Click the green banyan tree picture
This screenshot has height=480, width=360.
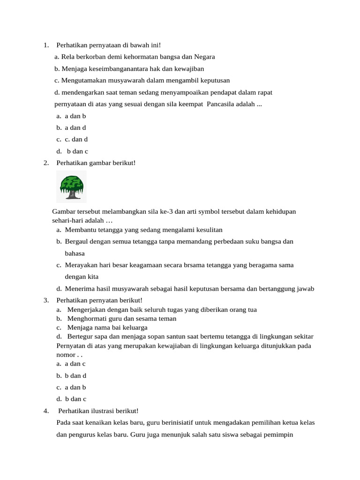click(71, 187)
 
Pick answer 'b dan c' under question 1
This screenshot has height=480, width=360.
click(77, 151)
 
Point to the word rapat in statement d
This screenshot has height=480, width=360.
click(264, 92)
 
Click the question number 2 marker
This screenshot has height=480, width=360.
click(46, 163)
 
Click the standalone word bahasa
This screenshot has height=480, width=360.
click(75, 253)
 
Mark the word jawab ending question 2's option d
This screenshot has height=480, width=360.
click(305, 289)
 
